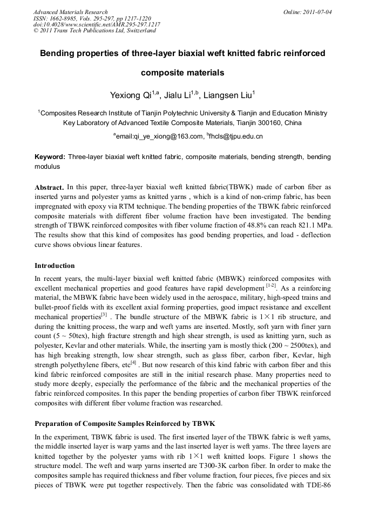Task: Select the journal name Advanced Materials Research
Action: click(70, 12)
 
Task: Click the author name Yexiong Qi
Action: click(130, 96)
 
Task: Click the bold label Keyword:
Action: click(50, 157)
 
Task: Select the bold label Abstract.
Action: click(50, 187)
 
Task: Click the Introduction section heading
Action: click(55, 266)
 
